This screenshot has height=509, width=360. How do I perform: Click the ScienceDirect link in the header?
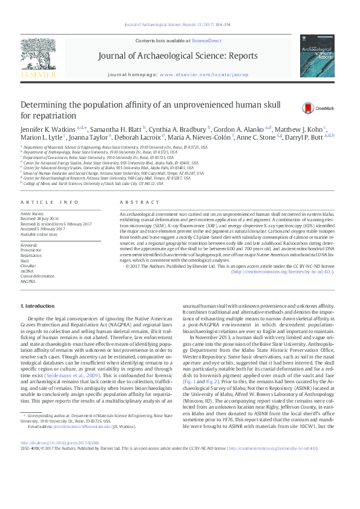tap(206, 40)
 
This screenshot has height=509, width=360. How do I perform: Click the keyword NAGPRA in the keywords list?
tap(28, 282)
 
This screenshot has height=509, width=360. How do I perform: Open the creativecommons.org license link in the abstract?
tap(280, 271)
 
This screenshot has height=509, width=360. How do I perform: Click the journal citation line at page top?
tap(180, 25)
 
